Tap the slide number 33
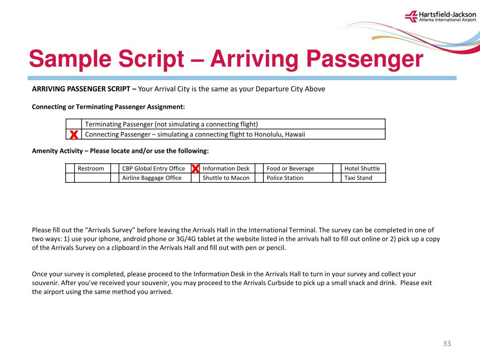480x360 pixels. pos(447,344)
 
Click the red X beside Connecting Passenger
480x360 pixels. pos(74,135)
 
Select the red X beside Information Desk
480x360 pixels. pos(195,168)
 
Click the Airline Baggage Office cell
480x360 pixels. pos(152,178)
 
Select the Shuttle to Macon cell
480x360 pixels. pos(226,178)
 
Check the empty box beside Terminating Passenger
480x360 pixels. pos(74,124)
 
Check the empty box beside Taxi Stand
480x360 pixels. pos(337,178)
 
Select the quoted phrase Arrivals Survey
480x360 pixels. pos(109,230)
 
